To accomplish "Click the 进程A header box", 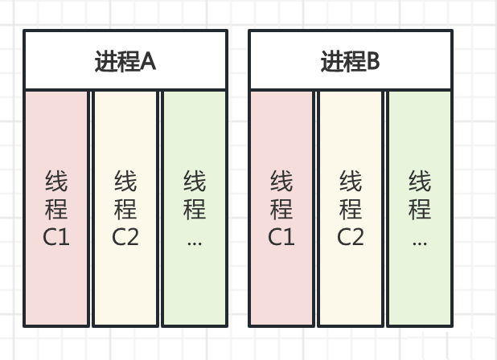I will pos(125,60).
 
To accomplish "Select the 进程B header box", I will pos(350,60).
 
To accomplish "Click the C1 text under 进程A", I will pos(56,237).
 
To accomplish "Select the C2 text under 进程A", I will pos(125,237).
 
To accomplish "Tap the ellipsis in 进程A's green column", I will pos(194,239).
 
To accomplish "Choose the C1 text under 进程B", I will pos(281,237).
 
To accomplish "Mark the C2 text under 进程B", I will pos(351,237).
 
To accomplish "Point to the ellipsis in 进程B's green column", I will pos(419,239).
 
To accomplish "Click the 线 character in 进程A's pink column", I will pos(56,182).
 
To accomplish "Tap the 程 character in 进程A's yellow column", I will pos(125,210).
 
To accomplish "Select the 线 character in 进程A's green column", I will pos(194,182).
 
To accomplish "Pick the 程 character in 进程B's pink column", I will pos(281,210).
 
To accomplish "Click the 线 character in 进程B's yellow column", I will pos(351,182).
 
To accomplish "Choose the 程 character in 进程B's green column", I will pos(419,210).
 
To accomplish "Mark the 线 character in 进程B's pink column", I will pos(281,182).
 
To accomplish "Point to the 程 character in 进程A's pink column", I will pos(56,210).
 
